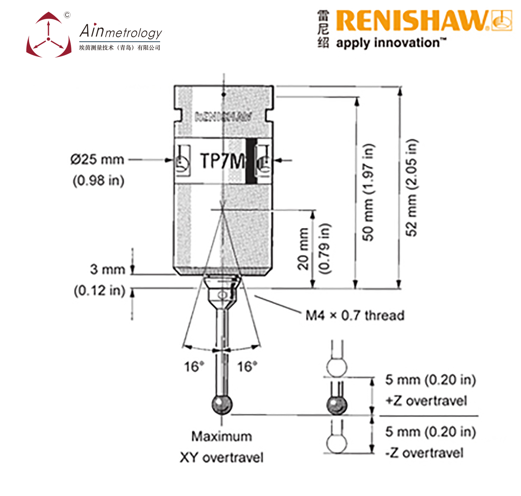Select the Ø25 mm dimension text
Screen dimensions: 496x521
click(97, 159)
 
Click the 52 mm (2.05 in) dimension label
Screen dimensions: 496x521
click(412, 187)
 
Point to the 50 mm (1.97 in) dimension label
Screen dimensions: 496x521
click(368, 192)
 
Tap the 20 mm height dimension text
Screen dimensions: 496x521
click(303, 249)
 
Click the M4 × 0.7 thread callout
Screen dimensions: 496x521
click(355, 315)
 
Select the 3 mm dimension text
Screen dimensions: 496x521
click(107, 269)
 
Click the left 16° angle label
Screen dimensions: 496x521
click(194, 367)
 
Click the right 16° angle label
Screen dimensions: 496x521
click(247, 367)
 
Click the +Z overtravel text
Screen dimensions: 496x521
click(426, 401)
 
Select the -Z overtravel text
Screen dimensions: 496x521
click(424, 453)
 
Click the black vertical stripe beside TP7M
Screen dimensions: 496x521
click(251, 161)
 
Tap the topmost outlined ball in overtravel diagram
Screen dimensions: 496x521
click(337, 367)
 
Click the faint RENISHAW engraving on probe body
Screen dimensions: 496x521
click(223, 117)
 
